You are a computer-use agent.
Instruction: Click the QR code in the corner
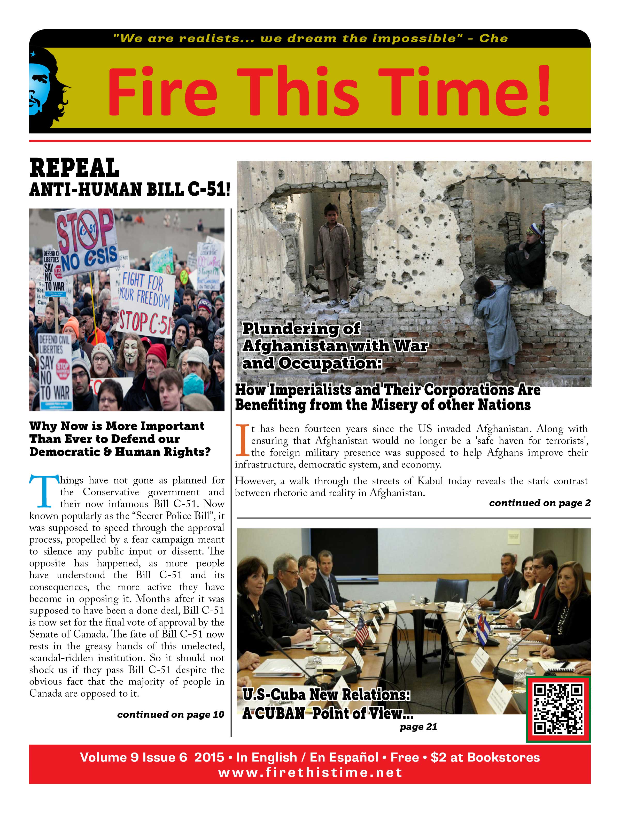click(x=558, y=709)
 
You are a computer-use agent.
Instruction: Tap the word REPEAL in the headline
click(x=74, y=168)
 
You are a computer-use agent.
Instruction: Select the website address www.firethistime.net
click(x=310, y=772)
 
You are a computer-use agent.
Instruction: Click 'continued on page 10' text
click(x=171, y=714)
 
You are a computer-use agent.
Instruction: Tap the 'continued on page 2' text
click(x=540, y=503)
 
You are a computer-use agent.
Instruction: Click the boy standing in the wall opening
click(x=333, y=255)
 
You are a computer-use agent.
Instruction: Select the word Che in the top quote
click(x=493, y=39)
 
